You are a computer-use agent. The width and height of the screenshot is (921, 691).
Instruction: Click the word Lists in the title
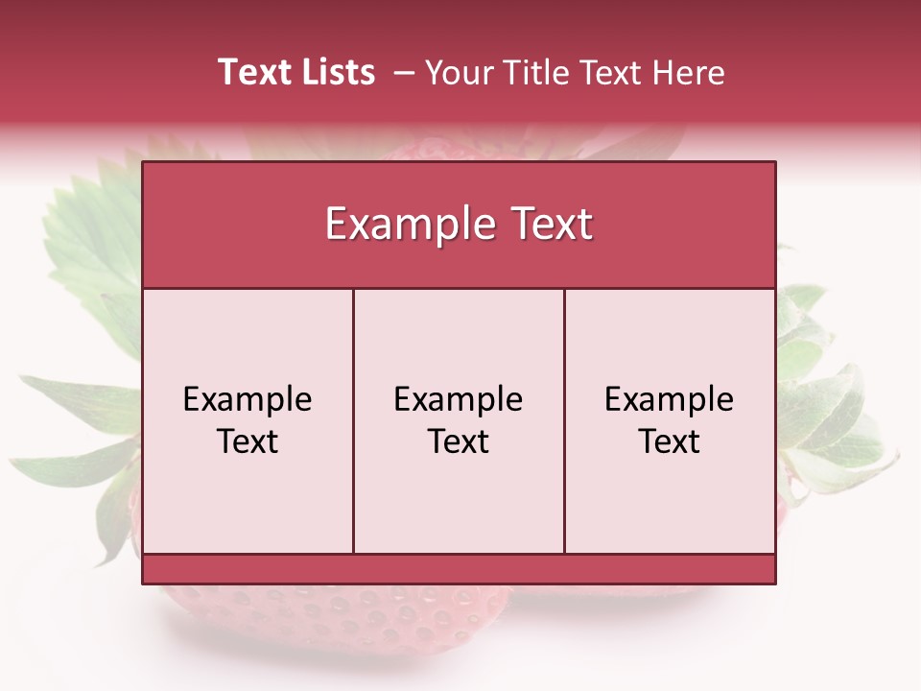[336, 72]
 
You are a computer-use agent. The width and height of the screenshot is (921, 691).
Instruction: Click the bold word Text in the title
[252, 72]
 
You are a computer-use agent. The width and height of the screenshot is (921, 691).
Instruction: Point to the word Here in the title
[688, 73]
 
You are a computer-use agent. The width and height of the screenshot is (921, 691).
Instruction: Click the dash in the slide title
[404, 73]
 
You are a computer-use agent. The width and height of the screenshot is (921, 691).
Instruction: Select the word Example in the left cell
[248, 399]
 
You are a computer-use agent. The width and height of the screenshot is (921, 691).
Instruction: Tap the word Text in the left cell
[248, 441]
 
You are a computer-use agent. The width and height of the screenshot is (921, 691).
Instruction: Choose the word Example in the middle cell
[459, 399]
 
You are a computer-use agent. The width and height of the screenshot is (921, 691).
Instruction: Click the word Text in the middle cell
[459, 441]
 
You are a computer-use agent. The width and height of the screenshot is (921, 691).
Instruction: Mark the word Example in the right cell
[669, 399]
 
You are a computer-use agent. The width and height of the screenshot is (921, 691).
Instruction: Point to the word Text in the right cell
[669, 441]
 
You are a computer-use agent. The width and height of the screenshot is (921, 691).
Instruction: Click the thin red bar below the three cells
[459, 569]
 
